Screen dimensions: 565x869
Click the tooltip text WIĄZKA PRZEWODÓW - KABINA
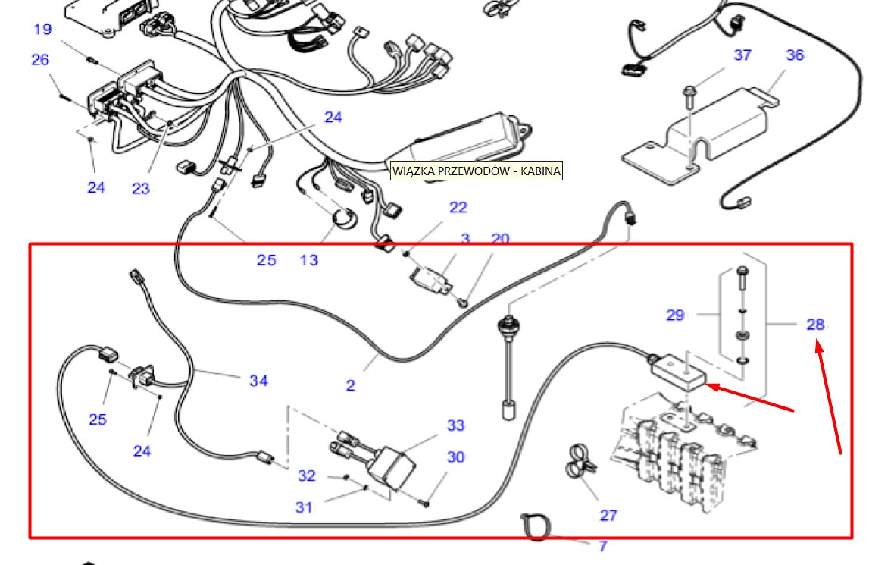click(477, 171)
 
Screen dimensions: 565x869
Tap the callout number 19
click(42, 30)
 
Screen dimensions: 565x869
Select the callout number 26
click(39, 59)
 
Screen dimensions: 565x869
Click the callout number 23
click(141, 188)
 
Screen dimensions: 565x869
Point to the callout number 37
click(742, 55)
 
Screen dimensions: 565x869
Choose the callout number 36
click(795, 55)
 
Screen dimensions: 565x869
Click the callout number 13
click(309, 260)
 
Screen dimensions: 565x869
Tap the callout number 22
click(458, 207)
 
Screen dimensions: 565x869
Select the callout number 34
click(259, 381)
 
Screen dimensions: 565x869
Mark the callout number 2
click(350, 385)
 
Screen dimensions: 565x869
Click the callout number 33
click(455, 425)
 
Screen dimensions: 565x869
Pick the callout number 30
click(455, 457)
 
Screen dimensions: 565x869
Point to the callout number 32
click(306, 476)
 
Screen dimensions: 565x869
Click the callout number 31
click(304, 507)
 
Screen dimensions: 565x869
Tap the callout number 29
click(675, 315)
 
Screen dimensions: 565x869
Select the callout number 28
click(815, 325)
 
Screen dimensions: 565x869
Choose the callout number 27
click(608, 516)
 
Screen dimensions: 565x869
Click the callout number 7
click(603, 546)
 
